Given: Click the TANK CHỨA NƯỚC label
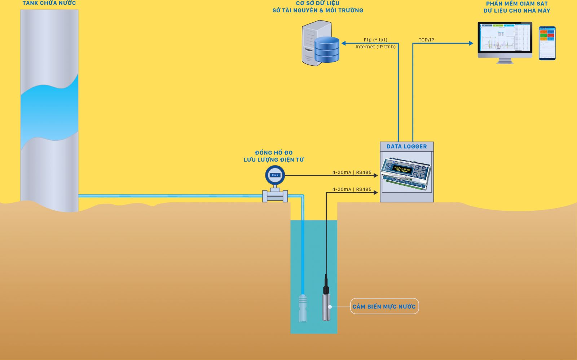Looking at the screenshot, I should pyautogui.click(x=49, y=3).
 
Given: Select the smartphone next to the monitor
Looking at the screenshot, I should pyautogui.click(x=547, y=43).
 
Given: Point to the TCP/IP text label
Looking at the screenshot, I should pyautogui.click(x=426, y=40).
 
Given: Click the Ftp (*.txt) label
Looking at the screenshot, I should pyautogui.click(x=375, y=40).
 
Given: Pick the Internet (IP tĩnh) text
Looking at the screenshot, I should pyautogui.click(x=375, y=47).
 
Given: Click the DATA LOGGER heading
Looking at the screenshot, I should pyautogui.click(x=406, y=146).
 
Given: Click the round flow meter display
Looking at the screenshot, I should pyautogui.click(x=275, y=175).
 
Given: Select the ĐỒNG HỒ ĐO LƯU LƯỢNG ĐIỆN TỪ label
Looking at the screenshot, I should pyautogui.click(x=274, y=156).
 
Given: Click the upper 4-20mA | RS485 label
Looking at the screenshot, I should pyautogui.click(x=352, y=172).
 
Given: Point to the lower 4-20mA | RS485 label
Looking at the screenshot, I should pyautogui.click(x=352, y=189).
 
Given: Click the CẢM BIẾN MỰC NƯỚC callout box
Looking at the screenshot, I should pyautogui.click(x=384, y=306).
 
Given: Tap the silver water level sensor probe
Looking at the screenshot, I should pyautogui.click(x=326, y=307).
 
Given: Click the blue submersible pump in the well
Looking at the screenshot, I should pyautogui.click(x=303, y=308).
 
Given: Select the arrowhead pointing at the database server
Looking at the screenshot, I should pyautogui.click(x=344, y=43).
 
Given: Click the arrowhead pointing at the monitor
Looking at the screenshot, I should pyautogui.click(x=471, y=43).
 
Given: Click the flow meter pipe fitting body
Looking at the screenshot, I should pyautogui.click(x=275, y=196).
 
